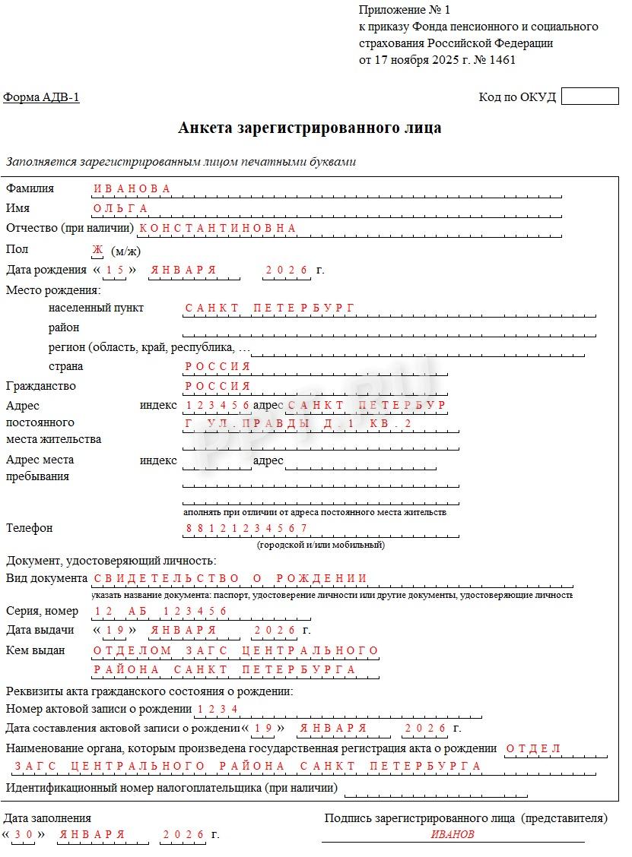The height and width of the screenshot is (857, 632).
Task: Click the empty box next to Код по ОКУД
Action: coord(589,96)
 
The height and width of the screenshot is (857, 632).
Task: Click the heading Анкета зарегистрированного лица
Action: coord(310,128)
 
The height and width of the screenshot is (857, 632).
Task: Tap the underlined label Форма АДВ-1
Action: coord(41,97)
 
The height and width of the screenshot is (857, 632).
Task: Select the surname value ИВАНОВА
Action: coord(132,188)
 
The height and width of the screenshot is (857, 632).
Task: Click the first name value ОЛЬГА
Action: coord(120,208)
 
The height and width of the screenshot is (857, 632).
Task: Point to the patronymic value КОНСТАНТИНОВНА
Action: coord(218,228)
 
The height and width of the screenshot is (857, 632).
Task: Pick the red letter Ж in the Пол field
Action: coord(97,250)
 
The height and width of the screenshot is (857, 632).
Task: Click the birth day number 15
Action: coord(115,270)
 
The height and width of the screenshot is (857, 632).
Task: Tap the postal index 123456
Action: coord(218,405)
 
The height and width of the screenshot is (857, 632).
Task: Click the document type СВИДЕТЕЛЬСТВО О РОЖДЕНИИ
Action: coord(230,579)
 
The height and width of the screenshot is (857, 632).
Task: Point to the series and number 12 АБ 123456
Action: coord(161,611)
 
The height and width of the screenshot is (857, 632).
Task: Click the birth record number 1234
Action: coord(218,709)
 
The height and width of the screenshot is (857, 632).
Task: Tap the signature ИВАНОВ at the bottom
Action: coord(453,834)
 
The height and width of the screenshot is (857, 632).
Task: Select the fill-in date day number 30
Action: coord(24,834)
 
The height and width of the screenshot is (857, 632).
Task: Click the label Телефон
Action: coord(30,528)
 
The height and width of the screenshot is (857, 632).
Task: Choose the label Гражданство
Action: coord(41,386)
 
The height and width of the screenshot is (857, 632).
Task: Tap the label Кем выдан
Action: coord(36,650)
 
